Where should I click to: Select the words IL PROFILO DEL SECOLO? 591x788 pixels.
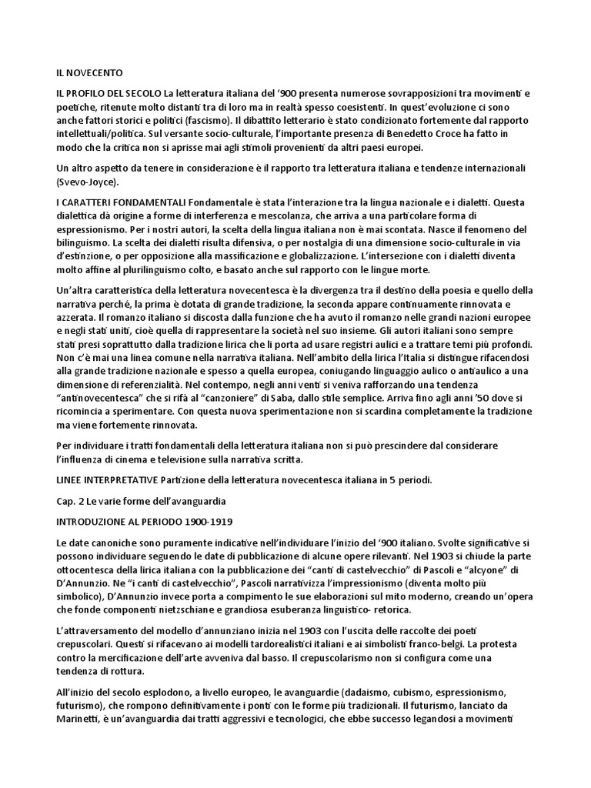click(x=108, y=94)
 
